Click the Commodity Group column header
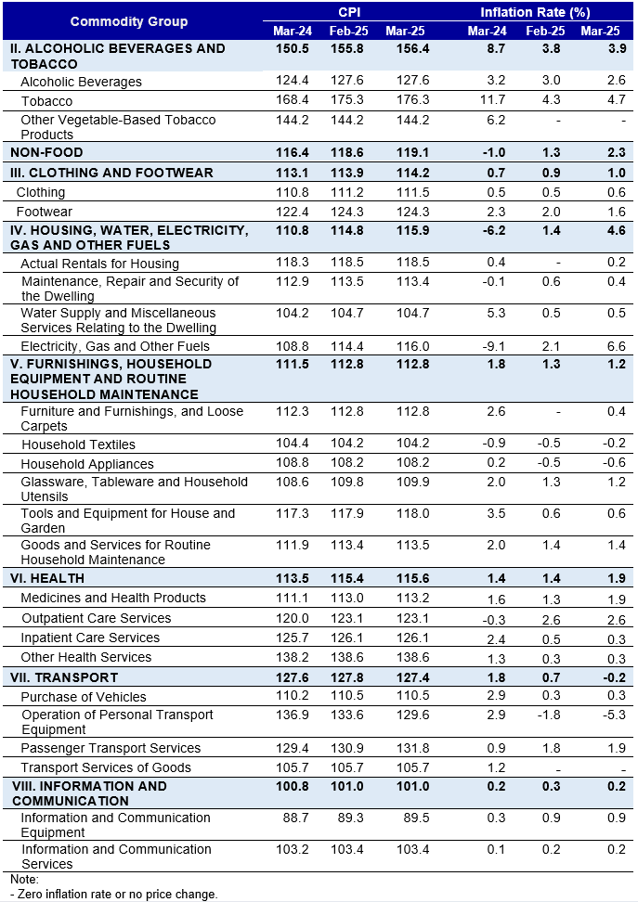[129, 22]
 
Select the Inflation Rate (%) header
[535, 12]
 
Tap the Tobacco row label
[46, 101]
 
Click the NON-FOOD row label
[46, 152]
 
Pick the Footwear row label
[45, 212]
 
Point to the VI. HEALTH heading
[47, 578]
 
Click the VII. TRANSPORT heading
[64, 677]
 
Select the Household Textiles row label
[78, 445]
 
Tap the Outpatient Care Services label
[97, 618]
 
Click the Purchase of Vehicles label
[84, 697]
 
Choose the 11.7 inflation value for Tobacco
[493, 99]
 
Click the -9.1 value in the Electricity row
[495, 346]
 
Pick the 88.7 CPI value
[296, 818]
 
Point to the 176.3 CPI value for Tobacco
[413, 99]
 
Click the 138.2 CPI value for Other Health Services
[293, 657]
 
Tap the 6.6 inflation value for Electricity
[616, 346]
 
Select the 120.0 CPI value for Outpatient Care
[293, 618]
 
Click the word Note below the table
[24, 879]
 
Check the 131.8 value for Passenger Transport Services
[413, 748]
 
